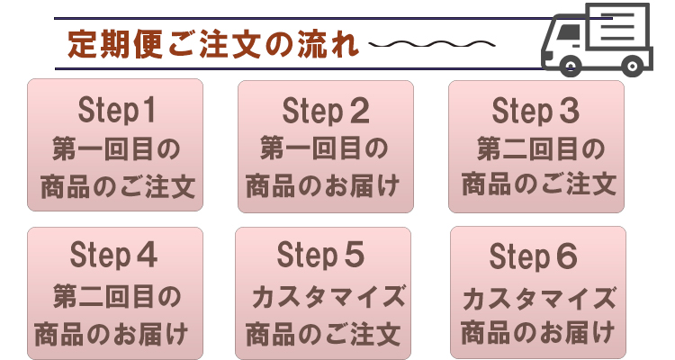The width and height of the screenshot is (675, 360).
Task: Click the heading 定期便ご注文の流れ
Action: pyautogui.click(x=212, y=44)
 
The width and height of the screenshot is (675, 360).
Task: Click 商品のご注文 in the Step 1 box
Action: pyautogui.click(x=117, y=187)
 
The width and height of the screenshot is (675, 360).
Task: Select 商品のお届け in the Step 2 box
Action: pyautogui.click(x=325, y=187)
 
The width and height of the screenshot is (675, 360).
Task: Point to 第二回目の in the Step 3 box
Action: pyautogui.click(x=540, y=148)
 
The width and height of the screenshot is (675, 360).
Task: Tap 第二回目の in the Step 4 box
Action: pyautogui.click(x=116, y=294)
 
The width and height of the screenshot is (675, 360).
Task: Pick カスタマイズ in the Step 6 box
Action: pyautogui.click(x=538, y=295)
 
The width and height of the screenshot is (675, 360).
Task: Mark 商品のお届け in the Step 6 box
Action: pyautogui.click(x=538, y=333)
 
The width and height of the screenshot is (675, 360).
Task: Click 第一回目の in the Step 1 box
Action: pyautogui.click(x=117, y=148)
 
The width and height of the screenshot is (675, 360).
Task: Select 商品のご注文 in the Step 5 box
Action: pyautogui.click(x=322, y=333)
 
